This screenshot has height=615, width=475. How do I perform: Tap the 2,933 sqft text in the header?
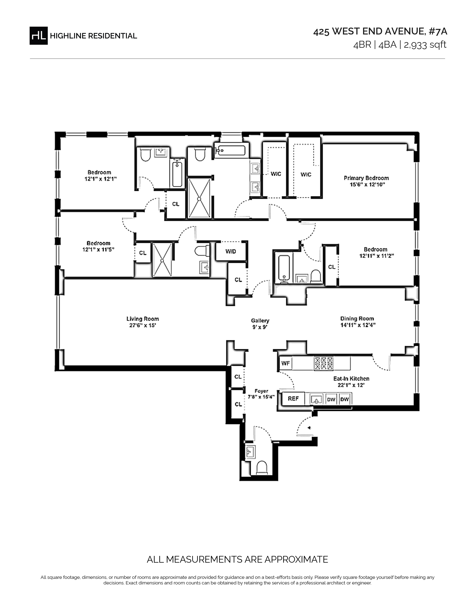(x=425, y=45)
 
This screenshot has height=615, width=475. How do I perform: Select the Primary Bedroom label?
(x=366, y=178)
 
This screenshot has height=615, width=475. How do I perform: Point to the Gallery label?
(x=260, y=321)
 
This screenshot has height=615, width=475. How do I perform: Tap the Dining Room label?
(x=357, y=318)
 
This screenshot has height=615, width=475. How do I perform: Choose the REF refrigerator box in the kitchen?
(x=293, y=399)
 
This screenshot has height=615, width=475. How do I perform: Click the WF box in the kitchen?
(x=285, y=363)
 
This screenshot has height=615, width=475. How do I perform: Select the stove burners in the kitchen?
(x=324, y=363)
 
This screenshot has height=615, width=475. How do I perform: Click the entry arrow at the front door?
(x=310, y=428)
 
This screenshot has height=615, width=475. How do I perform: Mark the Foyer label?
(x=261, y=391)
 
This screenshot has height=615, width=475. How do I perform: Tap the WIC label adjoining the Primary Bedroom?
(x=306, y=175)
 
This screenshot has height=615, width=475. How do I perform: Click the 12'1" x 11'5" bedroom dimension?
(x=99, y=250)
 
